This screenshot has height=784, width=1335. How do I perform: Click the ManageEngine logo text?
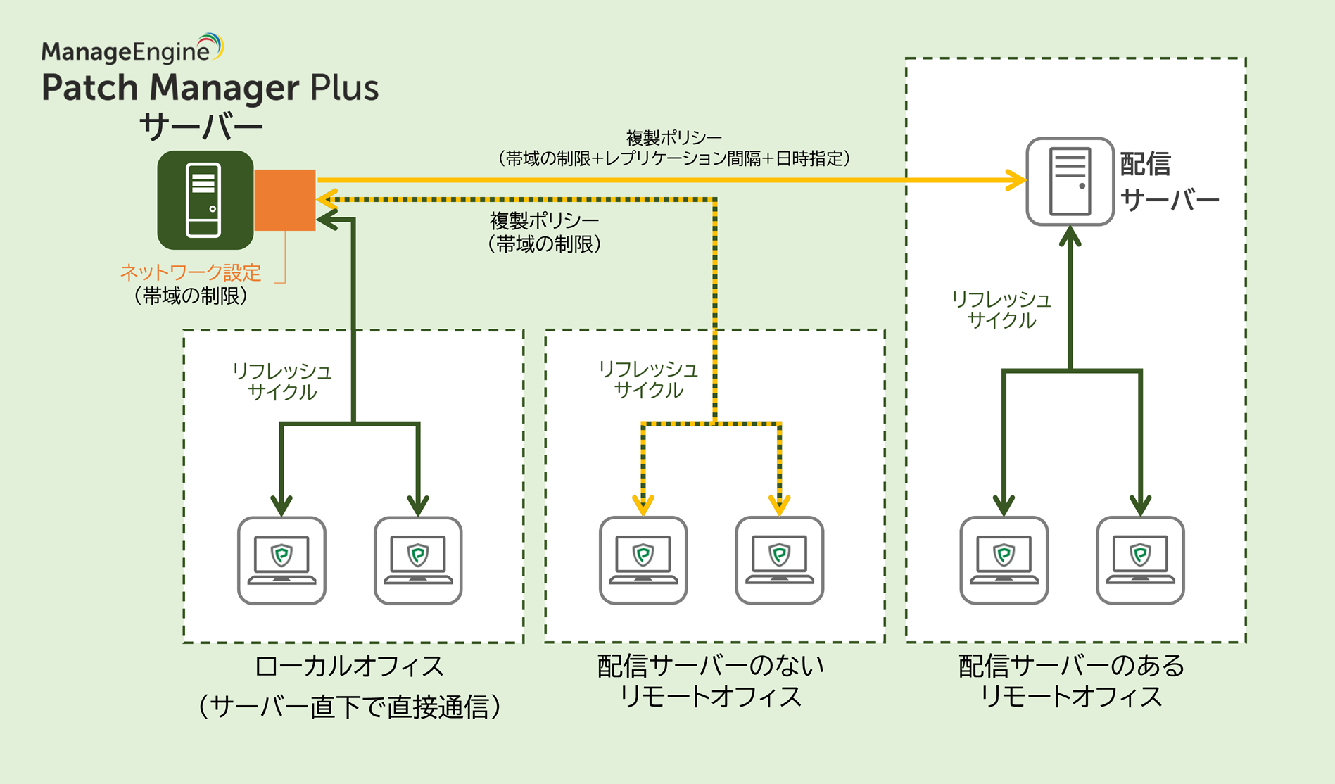[127, 51]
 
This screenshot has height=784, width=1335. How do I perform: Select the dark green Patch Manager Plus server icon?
[205, 200]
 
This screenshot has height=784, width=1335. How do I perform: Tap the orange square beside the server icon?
[284, 200]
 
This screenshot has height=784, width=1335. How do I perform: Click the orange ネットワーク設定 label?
[191, 272]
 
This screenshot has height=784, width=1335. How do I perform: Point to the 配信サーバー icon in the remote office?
[1070, 182]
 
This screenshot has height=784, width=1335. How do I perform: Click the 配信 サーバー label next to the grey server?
[1168, 182]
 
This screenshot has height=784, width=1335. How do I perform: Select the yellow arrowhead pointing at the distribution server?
[1016, 180]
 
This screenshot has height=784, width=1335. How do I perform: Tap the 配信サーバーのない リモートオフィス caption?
[711, 681]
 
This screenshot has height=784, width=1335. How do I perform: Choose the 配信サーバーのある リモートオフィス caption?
[1071, 681]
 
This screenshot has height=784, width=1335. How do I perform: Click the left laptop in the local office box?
[281, 561]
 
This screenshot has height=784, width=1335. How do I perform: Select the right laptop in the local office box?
[418, 561]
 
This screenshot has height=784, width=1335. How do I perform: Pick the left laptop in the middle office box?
[643, 561]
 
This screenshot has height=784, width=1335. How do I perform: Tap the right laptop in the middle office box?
[780, 561]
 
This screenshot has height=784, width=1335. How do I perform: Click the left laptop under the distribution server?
[1004, 561]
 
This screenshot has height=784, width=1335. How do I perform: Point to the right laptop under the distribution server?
[1141, 561]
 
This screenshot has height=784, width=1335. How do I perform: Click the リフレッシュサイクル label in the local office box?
[282, 381]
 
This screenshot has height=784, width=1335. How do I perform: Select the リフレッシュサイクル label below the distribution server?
[1001, 310]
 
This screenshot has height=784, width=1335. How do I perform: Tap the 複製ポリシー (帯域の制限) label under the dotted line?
[545, 232]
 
